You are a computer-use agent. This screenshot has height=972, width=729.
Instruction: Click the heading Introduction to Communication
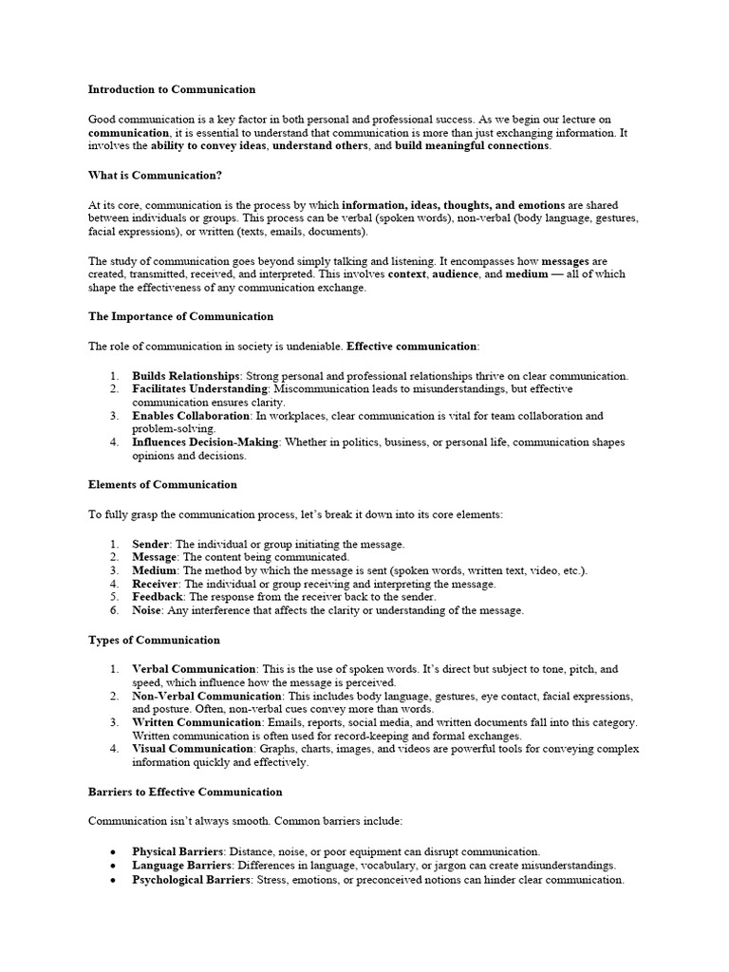[x=172, y=89]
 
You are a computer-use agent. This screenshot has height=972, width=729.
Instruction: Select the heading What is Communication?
[x=156, y=175]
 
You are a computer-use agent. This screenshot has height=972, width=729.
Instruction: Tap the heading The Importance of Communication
[x=180, y=316]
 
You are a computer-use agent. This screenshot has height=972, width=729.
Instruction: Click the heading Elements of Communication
[x=162, y=484]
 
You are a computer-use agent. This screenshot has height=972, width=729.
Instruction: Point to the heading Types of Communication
[x=154, y=640]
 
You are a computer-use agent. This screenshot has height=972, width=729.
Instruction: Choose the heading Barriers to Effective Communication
[x=185, y=792]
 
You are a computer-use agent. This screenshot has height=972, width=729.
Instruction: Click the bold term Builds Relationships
[x=185, y=376]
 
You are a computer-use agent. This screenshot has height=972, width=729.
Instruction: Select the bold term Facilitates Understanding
[x=200, y=389]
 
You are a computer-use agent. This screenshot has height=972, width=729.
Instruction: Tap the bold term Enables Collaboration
[x=190, y=416]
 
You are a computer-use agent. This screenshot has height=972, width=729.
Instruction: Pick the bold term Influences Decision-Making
[x=205, y=442]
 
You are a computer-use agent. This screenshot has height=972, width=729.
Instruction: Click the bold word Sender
[x=150, y=544]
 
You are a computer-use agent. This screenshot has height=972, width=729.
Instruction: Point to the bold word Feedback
[x=158, y=597]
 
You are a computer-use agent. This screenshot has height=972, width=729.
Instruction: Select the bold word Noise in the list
[x=147, y=610]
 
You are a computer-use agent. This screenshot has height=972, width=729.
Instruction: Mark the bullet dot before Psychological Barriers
[x=114, y=880]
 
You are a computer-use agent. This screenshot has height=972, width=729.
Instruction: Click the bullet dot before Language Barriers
[x=114, y=867]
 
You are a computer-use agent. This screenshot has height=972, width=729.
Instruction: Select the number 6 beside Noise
[x=113, y=610]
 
